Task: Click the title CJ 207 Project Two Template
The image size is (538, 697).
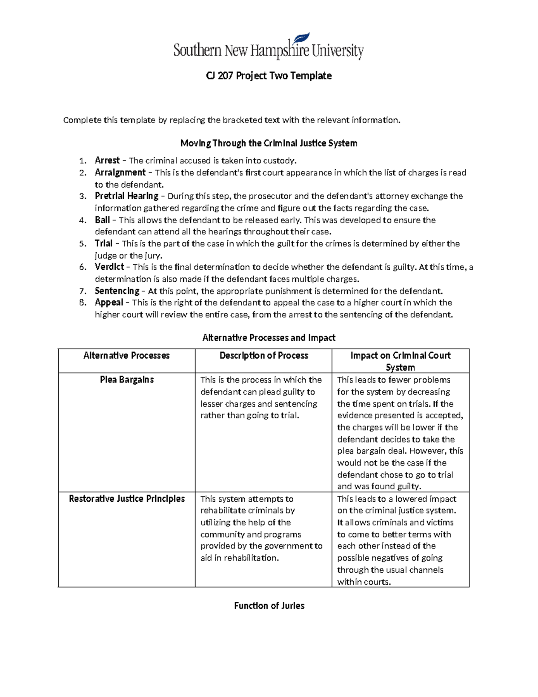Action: (x=269, y=76)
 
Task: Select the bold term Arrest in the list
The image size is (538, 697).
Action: (x=107, y=160)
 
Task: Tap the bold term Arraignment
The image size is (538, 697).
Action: (x=120, y=172)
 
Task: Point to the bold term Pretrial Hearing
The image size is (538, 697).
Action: (x=126, y=196)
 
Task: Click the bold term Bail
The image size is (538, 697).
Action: (x=102, y=220)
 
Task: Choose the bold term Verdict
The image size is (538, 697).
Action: (x=109, y=267)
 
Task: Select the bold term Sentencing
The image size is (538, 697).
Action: (x=117, y=290)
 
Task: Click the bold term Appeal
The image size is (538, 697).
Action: (x=109, y=302)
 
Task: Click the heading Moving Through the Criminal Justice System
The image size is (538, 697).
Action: (x=269, y=143)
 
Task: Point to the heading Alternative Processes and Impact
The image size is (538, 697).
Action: (x=269, y=338)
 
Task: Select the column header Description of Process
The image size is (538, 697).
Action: (x=264, y=355)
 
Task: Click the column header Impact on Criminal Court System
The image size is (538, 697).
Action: (x=400, y=361)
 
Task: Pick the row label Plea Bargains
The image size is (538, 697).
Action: (x=127, y=380)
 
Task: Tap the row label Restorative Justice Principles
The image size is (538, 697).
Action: (x=127, y=499)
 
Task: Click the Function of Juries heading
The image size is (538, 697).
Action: (x=269, y=605)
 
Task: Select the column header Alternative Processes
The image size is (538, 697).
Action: (x=126, y=355)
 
